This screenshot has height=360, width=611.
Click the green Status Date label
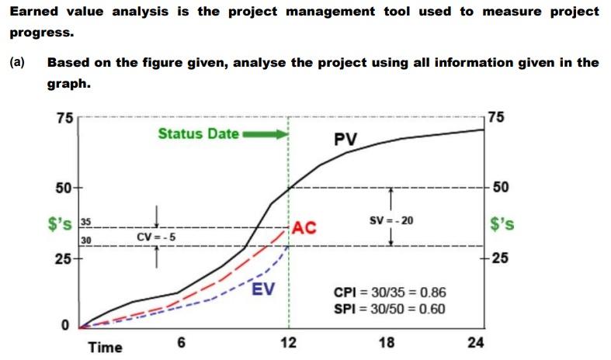pyautogui.click(x=198, y=133)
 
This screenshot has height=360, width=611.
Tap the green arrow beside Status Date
pyautogui.click(x=264, y=133)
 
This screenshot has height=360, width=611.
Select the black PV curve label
pyautogui.click(x=345, y=140)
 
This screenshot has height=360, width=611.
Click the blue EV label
pyautogui.click(x=262, y=292)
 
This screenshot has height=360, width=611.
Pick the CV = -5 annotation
pyautogui.click(x=157, y=236)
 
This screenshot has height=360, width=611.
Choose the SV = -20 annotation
pyautogui.click(x=392, y=220)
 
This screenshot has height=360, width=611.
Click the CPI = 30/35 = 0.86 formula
pyautogui.click(x=390, y=293)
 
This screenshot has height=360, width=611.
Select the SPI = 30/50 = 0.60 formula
pyautogui.click(x=390, y=309)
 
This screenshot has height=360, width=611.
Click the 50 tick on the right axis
pyautogui.click(x=501, y=189)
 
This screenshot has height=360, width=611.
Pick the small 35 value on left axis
pyautogui.click(x=87, y=221)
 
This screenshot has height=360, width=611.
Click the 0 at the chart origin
pyautogui.click(x=67, y=324)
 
